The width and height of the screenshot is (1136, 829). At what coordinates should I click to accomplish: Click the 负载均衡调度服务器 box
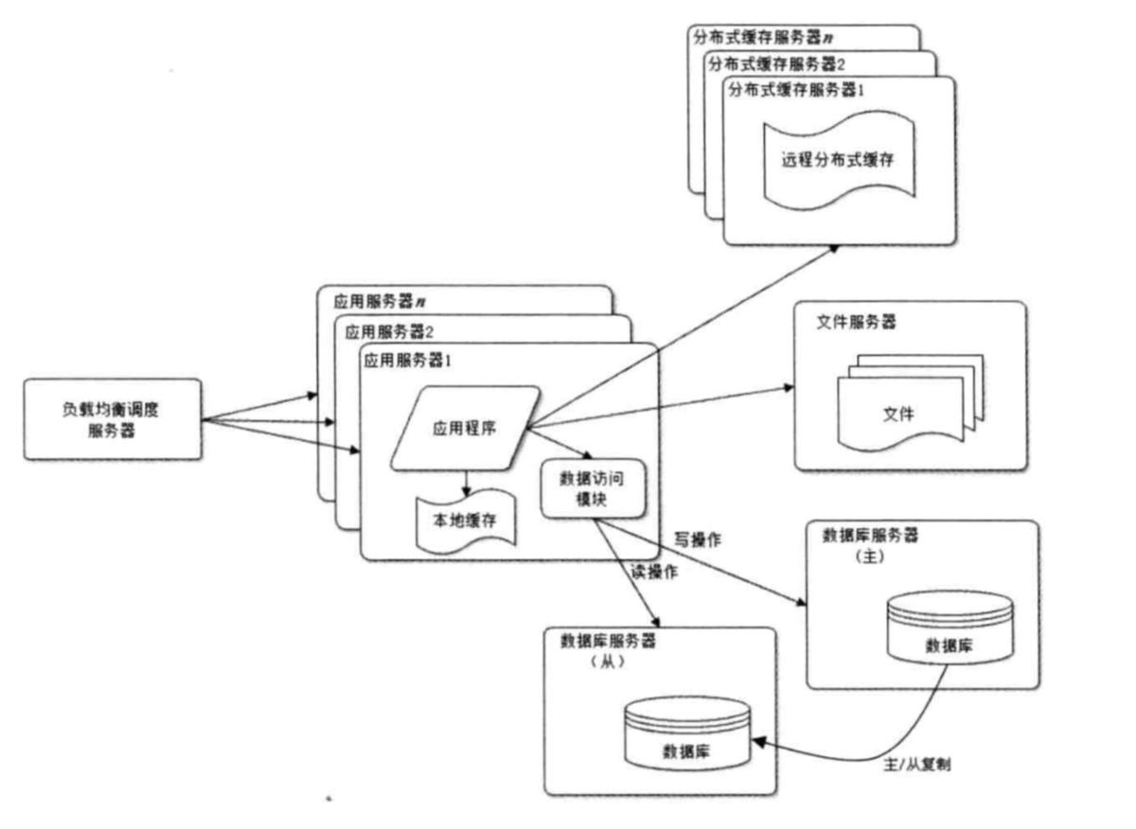pos(113,419)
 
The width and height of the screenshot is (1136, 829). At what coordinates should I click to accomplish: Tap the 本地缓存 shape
pos(467,520)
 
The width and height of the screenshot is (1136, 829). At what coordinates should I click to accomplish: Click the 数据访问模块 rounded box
pos(594,488)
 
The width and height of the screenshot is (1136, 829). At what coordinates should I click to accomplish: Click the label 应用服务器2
pos(389,331)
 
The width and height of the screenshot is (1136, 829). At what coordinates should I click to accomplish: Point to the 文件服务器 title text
pos(857,322)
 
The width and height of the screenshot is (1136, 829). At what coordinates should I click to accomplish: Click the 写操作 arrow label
pos(698,540)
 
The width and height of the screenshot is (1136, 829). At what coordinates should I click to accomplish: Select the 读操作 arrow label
pos(653,571)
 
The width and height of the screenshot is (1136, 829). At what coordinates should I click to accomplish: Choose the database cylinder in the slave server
pos(688,735)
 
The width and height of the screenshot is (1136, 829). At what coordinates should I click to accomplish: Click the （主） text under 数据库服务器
pos(867,557)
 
